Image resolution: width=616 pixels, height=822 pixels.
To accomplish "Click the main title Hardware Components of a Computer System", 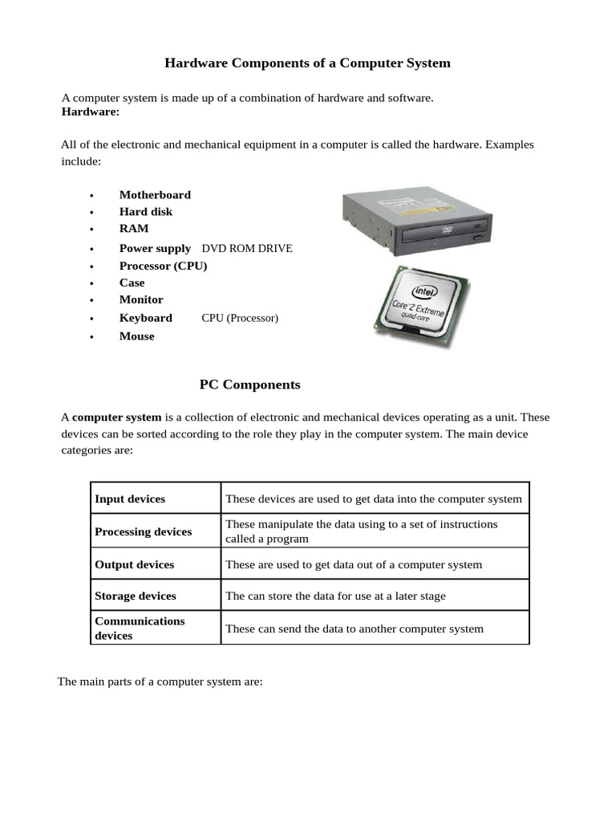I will point(307,63).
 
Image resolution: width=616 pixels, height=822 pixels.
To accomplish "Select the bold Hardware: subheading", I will point(90,112).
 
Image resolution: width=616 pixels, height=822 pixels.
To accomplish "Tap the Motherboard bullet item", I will point(155,194).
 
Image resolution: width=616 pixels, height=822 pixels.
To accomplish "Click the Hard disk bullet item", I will point(145,211).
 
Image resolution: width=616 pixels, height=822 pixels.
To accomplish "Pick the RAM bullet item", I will point(134,228).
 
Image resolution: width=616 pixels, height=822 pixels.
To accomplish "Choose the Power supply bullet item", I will point(155,248).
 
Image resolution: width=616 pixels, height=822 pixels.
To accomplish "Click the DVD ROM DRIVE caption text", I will point(247,248).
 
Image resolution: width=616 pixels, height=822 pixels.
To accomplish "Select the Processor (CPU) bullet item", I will point(163,265).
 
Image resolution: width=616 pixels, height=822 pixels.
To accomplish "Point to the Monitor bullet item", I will point(141,299).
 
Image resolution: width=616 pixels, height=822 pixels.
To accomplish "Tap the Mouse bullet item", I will point(136,336).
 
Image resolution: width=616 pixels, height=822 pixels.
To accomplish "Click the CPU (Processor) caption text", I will point(240,318).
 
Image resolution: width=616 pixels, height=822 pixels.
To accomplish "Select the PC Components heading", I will point(249,385).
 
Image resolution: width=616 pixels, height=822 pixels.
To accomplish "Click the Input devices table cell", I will point(130,498).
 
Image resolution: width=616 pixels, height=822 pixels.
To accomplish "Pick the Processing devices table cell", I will point(143,531).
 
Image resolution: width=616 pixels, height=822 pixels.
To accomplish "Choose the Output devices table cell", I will point(134,564).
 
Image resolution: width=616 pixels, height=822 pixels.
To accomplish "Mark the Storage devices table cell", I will point(135,596).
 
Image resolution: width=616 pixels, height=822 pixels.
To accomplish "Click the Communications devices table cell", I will point(140,628).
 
